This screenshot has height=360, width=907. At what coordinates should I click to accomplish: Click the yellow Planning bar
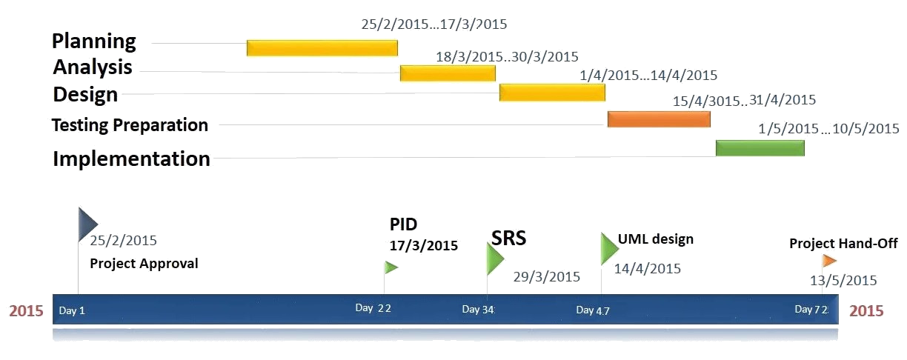[x=322, y=47]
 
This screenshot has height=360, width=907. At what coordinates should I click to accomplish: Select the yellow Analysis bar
[x=448, y=73]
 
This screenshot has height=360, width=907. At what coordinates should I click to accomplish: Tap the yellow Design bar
[x=552, y=92]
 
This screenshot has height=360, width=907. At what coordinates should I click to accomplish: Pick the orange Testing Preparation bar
[x=659, y=119]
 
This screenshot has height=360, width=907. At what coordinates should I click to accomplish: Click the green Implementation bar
[x=760, y=147]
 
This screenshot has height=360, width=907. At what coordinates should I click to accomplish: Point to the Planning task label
[x=94, y=41]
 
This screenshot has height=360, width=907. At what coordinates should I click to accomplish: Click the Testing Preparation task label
[x=130, y=125]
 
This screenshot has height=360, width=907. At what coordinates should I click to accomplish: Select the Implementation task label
[x=131, y=159]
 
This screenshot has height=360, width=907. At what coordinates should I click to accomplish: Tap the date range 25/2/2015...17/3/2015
[x=434, y=24]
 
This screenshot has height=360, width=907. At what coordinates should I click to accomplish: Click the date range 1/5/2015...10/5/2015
[x=828, y=128]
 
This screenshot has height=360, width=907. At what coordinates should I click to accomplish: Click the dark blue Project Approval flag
[x=87, y=224]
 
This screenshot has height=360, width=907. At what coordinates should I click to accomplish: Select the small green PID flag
[x=391, y=267]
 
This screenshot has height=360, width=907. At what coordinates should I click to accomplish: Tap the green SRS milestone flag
[x=494, y=259]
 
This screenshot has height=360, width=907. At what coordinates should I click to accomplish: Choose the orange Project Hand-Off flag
[x=829, y=261]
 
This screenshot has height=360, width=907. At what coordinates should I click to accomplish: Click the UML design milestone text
[x=656, y=239]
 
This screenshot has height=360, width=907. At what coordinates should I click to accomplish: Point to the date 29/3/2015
[x=547, y=277]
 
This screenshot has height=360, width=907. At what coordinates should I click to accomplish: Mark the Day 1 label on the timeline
[x=72, y=310]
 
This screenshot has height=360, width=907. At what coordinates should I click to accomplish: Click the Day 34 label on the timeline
[x=478, y=310]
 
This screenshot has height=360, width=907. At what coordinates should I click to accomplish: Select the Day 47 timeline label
[x=593, y=310]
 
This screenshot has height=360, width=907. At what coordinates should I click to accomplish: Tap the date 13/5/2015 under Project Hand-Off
[x=843, y=280]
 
